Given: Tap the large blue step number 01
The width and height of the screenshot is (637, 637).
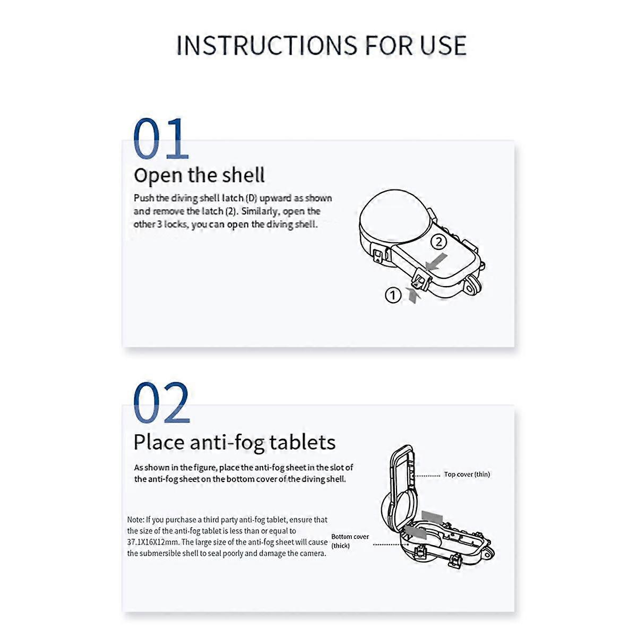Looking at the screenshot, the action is (x=161, y=139).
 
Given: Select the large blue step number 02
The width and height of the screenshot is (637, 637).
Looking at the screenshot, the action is (x=162, y=402).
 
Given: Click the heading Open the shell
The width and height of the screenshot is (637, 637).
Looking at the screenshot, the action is (x=199, y=176).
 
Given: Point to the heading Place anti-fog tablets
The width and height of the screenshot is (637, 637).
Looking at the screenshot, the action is (x=235, y=442).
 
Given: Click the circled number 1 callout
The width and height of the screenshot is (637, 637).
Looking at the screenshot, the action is (x=393, y=295).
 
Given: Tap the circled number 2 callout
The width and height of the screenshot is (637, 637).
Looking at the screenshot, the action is (x=438, y=242).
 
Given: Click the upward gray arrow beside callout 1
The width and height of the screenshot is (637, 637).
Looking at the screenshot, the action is (x=413, y=295).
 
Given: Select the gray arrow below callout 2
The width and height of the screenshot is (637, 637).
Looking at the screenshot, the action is (x=436, y=262).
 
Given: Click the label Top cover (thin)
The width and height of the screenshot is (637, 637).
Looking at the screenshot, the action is (x=467, y=475).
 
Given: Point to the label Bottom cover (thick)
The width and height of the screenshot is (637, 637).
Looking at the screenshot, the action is (x=350, y=541).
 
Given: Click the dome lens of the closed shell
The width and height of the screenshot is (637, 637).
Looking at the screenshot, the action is (x=395, y=217).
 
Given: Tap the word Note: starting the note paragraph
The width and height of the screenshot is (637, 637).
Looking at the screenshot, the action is (x=135, y=520).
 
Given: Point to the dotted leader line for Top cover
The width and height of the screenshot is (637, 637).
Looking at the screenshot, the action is (x=426, y=476).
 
